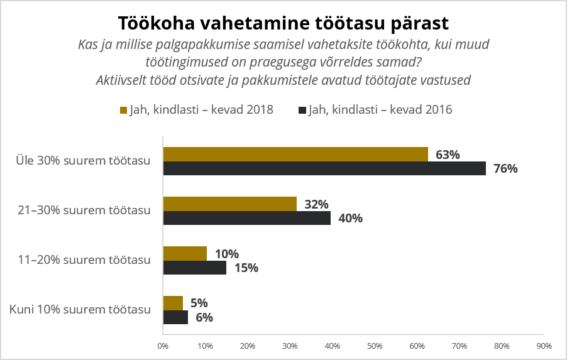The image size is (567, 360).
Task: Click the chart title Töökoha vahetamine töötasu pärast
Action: point(283,23)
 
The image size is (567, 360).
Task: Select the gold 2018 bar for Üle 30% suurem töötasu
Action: point(295,155)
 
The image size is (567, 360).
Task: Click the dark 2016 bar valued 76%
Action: point(324,168)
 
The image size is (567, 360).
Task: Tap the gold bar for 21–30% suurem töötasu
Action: point(229,204)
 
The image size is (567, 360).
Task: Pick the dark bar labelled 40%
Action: point(246,218)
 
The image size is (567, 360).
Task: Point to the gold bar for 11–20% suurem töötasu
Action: point(185,253)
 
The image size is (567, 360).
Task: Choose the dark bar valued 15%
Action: point(194,268)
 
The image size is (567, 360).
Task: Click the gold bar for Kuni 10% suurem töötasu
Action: point(173,303)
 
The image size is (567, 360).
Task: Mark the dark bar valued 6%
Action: point(175,317)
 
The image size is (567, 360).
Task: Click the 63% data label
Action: point(448,155)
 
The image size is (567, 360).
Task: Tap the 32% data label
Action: point(316,204)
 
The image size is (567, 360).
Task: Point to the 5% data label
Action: point(199,303)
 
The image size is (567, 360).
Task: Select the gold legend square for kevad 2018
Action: point(123,110)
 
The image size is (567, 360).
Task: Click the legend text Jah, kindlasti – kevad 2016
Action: point(380,109)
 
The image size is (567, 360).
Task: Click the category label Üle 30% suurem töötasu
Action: point(83,161)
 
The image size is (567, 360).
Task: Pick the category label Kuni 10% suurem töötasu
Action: point(80,310)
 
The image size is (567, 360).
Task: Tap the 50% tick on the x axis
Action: point(375,346)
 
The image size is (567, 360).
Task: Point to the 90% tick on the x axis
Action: point(544,346)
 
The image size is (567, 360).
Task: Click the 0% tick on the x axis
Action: point(163,346)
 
